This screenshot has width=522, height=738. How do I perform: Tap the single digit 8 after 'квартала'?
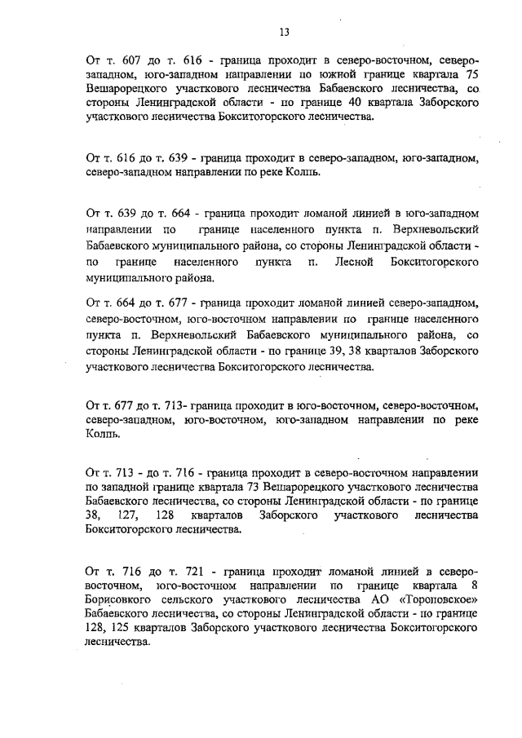point(474,585)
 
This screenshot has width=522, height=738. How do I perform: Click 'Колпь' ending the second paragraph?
point(303,172)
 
